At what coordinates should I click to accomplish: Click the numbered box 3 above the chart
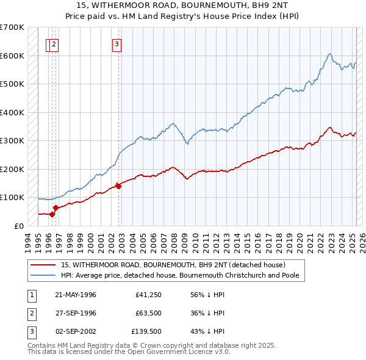[117, 43]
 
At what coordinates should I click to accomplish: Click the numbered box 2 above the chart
[54, 43]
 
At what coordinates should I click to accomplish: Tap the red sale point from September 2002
[118, 187]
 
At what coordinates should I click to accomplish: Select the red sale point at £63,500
[56, 207]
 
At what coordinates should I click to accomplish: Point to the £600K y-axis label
[12, 56]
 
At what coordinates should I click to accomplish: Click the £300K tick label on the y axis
[12, 141]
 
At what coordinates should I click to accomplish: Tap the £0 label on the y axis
[19, 226]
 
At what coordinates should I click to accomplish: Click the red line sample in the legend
[43, 265]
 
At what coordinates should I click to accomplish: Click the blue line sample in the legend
[43, 275]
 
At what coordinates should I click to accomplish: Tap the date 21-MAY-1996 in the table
[76, 295]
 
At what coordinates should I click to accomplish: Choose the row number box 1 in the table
[30, 295]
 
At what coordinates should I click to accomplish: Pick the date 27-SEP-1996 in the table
[76, 313]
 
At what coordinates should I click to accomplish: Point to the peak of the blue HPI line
[329, 54]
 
